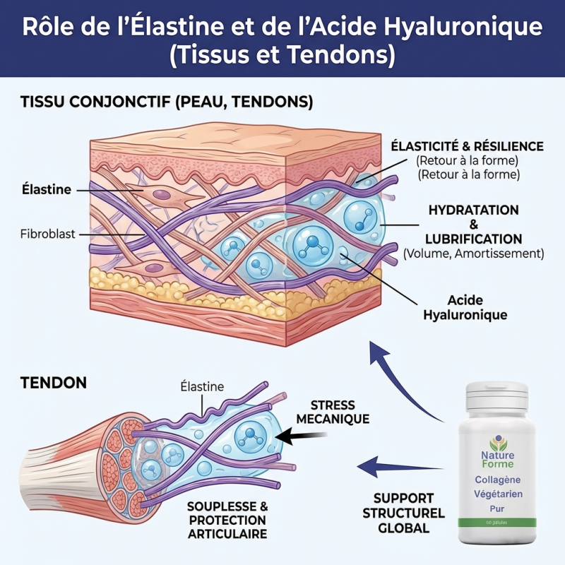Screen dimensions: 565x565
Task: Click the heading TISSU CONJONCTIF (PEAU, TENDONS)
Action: click(x=167, y=102)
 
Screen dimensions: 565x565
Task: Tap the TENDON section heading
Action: click(x=54, y=383)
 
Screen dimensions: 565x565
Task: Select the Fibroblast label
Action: click(x=47, y=233)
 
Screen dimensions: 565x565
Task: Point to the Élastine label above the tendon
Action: click(x=202, y=386)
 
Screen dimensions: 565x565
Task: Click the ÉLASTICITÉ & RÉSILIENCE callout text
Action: click(x=468, y=146)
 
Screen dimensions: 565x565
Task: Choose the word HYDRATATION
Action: click(x=474, y=210)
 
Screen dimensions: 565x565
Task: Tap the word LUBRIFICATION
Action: click(x=474, y=239)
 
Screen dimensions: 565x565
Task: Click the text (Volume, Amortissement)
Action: click(x=473, y=253)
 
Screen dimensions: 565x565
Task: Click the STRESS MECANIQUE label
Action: click(x=333, y=412)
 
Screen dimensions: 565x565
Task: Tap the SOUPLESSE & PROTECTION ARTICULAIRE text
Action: click(x=227, y=520)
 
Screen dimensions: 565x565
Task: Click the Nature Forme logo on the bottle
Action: click(x=499, y=451)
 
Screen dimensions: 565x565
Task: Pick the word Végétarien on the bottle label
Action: click(x=499, y=494)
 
